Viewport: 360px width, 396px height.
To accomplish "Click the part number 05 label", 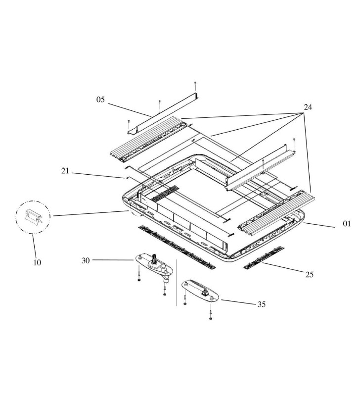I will click(x=101, y=99).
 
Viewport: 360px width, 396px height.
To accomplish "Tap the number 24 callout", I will click(x=308, y=107).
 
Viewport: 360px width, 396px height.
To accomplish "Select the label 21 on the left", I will click(x=65, y=171).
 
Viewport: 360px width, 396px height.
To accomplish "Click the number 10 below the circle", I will click(x=38, y=262).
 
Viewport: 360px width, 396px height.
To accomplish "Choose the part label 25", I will click(x=310, y=274).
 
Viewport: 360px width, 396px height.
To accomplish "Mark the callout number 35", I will click(x=261, y=304).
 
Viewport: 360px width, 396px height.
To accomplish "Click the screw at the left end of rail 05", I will click(x=129, y=120).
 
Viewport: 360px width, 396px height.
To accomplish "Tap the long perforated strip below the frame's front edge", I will click(x=177, y=246).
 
